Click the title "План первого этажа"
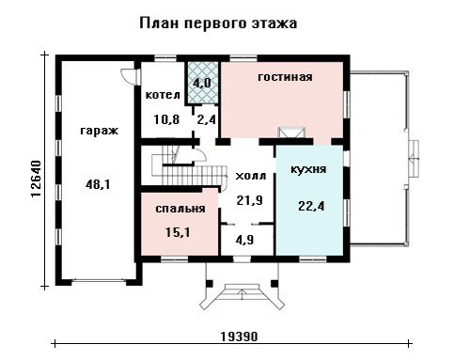point(218,23)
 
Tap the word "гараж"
point(100,131)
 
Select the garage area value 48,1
point(98,185)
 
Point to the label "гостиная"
point(285,77)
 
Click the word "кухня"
point(308,169)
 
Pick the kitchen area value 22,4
point(311,206)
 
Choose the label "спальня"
point(180,209)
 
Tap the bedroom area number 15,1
point(178,232)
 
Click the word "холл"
point(251,176)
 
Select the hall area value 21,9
point(250,200)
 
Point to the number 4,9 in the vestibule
point(245,240)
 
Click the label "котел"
point(163,95)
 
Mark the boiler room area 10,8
point(166,119)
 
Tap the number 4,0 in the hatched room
point(202,84)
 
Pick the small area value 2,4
point(207,119)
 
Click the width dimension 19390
point(239,337)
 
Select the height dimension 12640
point(37,179)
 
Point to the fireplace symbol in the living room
point(292,133)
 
